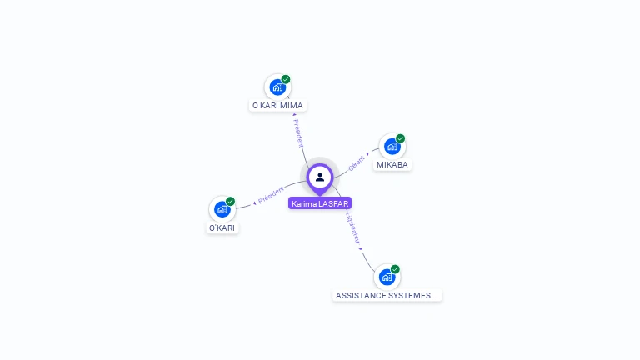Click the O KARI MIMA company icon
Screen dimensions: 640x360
click(x=277, y=87)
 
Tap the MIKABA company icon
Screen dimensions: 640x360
click(x=392, y=146)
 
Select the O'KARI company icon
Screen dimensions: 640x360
click(x=222, y=209)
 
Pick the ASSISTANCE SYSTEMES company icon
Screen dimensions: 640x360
click(x=387, y=277)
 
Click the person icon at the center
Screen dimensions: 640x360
click(x=320, y=177)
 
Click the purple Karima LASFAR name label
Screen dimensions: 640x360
click(x=320, y=203)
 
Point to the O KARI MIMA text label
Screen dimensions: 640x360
click(x=277, y=106)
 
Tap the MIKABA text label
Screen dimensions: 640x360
click(x=392, y=164)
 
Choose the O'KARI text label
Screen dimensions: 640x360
click(x=222, y=227)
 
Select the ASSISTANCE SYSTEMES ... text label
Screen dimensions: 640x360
click(x=387, y=296)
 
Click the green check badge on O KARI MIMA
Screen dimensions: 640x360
click(x=286, y=79)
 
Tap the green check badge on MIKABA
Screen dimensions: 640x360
click(x=400, y=138)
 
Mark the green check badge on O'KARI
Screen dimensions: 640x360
click(x=231, y=201)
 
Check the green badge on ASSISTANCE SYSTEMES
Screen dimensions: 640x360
click(x=395, y=269)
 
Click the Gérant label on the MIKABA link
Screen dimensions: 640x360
click(x=357, y=163)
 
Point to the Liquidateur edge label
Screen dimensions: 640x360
click(x=353, y=228)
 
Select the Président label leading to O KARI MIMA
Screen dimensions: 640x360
click(x=298, y=133)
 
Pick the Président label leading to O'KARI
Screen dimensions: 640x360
click(x=271, y=195)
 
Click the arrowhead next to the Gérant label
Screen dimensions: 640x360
click(x=367, y=154)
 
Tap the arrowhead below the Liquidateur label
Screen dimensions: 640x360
click(x=360, y=248)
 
